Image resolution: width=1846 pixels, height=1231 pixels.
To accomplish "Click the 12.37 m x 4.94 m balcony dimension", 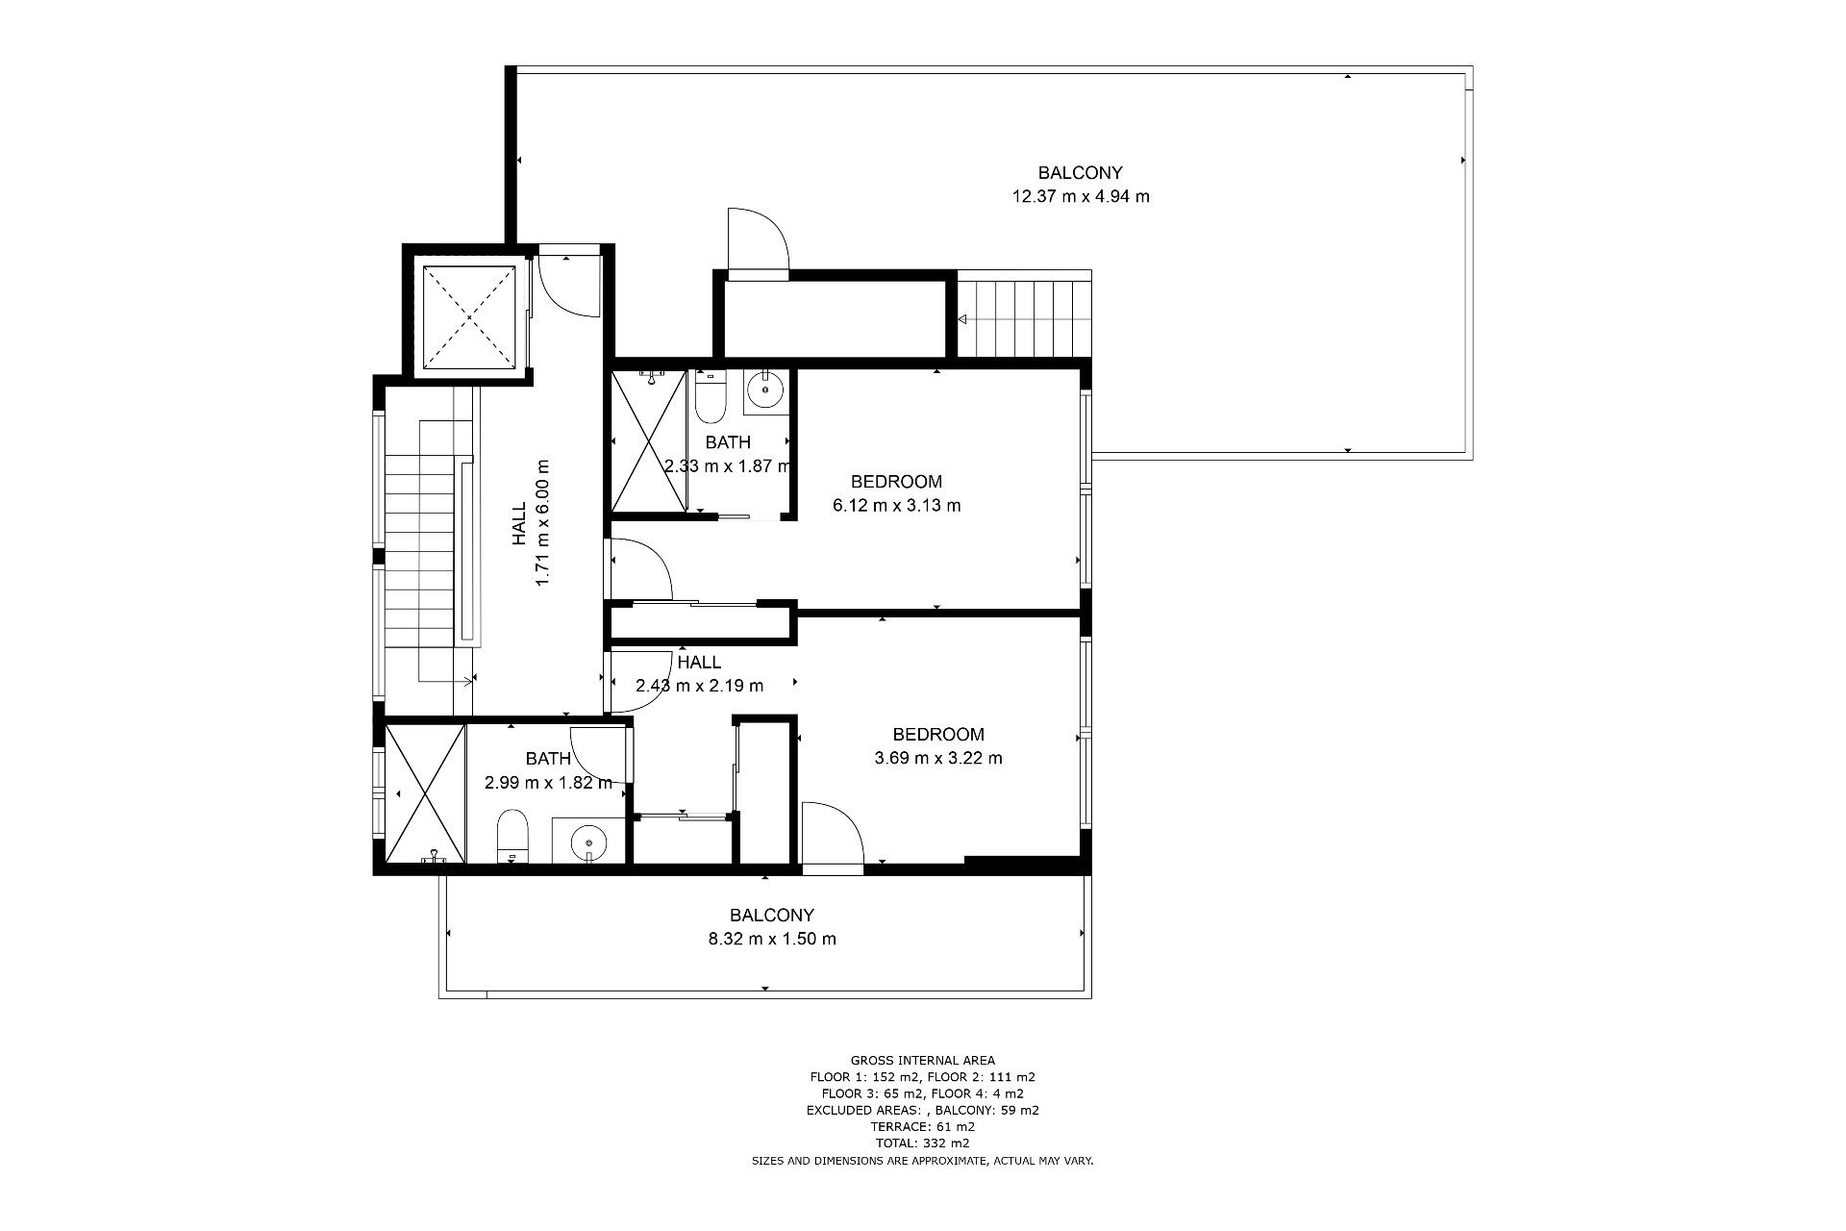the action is pos(1081,197).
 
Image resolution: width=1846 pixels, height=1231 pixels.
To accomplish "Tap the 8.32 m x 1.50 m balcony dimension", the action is pos(772,939).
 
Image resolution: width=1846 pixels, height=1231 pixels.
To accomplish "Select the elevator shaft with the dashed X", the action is pos(469,314).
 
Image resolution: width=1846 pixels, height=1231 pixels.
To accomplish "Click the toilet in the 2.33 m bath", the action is pos(711,398).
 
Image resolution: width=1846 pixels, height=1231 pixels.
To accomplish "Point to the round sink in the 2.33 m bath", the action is pos(766,389).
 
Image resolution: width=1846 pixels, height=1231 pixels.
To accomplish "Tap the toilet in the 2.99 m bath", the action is pos(512,836).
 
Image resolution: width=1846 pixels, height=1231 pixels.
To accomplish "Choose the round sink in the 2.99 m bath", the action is pos(587,843).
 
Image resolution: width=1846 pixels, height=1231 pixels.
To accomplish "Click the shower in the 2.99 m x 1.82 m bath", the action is pos(425,793).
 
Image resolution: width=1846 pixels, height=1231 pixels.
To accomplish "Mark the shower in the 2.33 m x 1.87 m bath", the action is pos(650,440).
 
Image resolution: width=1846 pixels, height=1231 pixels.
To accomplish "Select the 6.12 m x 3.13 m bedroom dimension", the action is pos(896,505).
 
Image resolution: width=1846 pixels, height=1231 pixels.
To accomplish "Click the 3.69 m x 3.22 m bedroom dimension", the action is pos(938,758).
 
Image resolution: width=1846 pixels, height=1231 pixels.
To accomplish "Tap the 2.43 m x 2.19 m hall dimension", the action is pos(699,686).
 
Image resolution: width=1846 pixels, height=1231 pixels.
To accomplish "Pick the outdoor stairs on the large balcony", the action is pos(1025,317).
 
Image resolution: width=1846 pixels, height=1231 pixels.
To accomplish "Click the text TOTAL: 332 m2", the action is pos(922,1143).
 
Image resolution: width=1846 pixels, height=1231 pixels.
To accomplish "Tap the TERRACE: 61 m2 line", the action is pos(922,1127).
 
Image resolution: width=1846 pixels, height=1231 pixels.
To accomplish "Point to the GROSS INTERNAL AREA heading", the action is pos(923,1061).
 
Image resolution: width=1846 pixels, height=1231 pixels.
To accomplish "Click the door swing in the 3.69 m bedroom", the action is pos(834,833).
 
